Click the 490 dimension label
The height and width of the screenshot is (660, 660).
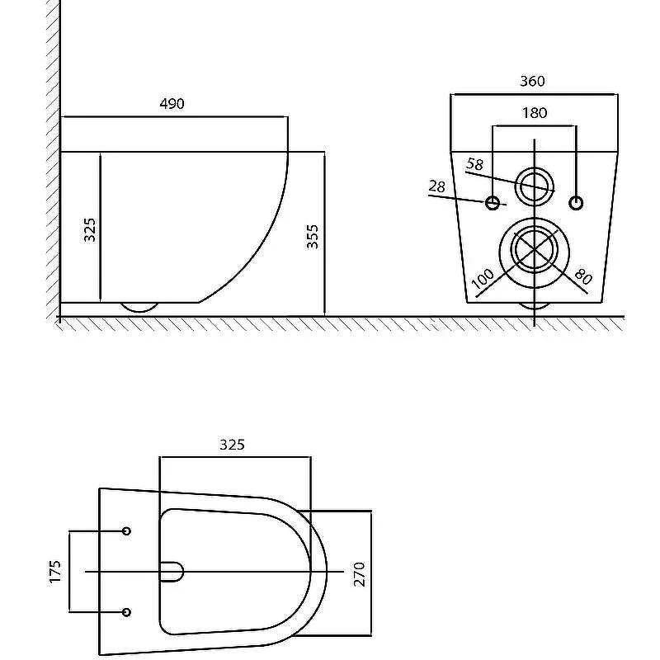click(x=172, y=104)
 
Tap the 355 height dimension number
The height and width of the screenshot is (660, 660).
click(x=313, y=237)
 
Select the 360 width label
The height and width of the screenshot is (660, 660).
click(x=532, y=81)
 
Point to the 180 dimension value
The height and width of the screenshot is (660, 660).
click(x=535, y=113)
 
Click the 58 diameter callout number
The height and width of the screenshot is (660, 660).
click(x=475, y=163)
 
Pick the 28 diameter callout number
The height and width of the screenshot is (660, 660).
click(x=437, y=186)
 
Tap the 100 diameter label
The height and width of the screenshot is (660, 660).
click(x=483, y=279)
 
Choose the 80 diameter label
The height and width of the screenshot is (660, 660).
click(x=583, y=276)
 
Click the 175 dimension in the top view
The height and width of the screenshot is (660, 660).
click(x=55, y=572)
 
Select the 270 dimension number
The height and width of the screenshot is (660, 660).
click(x=360, y=574)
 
